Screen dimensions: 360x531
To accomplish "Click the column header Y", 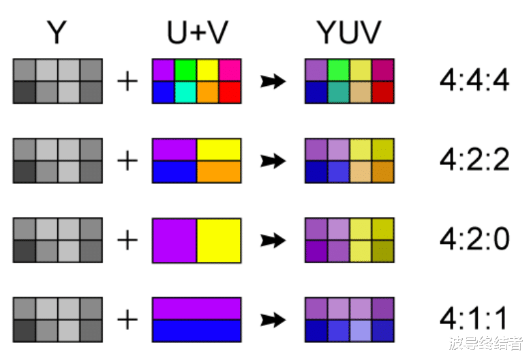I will (57, 33).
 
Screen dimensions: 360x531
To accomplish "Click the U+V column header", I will (196, 33).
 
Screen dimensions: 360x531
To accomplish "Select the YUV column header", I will (349, 33).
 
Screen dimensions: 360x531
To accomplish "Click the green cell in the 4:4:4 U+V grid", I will (185, 70).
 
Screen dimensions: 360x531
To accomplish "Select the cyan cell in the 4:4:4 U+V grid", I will (185, 92).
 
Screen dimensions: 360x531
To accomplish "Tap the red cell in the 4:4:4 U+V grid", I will (230, 92).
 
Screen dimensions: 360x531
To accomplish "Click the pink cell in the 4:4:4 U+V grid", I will (230, 70).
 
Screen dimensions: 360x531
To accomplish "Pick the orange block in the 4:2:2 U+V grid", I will (219, 172).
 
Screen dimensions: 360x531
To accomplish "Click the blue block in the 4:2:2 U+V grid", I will (175, 172).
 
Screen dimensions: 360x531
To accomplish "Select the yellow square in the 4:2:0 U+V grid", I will (219, 241).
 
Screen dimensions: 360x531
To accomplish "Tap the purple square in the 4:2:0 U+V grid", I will (175, 241).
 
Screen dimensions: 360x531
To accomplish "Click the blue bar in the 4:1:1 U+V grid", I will (196, 331).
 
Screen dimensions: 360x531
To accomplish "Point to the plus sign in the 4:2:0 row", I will (127, 241).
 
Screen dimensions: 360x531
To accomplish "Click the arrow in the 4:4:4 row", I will (273, 82).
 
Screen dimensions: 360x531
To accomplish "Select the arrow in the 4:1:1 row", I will (273, 320).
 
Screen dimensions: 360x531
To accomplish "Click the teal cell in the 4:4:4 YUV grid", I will (338, 92).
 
